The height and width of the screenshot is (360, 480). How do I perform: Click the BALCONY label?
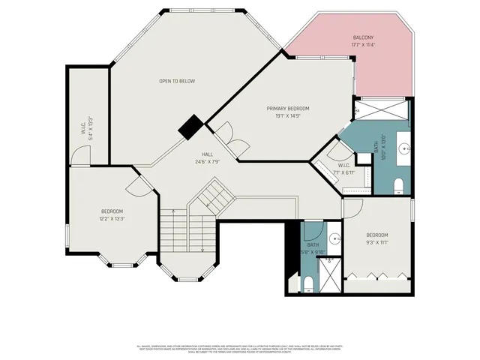point(363,37)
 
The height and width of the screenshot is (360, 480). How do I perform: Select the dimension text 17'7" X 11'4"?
point(363,45)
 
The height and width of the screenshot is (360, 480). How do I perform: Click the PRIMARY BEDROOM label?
point(287,108)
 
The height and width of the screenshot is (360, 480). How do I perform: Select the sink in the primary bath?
point(403,148)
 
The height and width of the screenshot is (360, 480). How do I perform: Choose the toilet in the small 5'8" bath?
point(308,281)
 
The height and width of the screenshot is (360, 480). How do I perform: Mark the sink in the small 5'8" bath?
point(334,240)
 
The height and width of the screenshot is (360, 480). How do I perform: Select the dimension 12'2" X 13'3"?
point(112,219)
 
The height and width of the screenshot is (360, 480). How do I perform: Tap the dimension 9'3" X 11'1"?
point(377,242)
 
